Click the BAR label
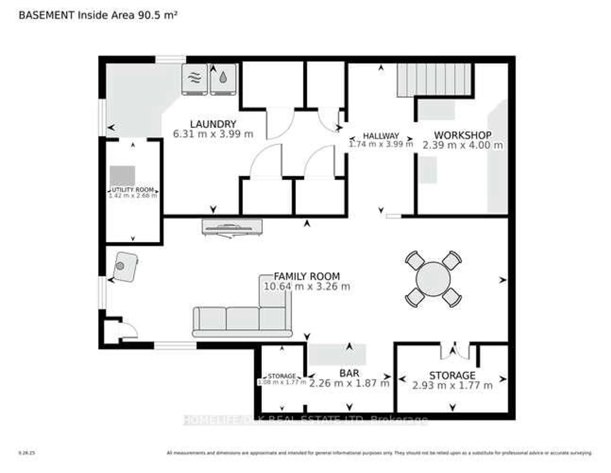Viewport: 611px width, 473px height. pyautogui.click(x=349, y=373)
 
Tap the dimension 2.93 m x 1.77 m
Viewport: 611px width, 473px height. pyautogui.click(x=452, y=386)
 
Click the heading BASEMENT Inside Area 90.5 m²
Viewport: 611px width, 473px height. pyautogui.click(x=98, y=15)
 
